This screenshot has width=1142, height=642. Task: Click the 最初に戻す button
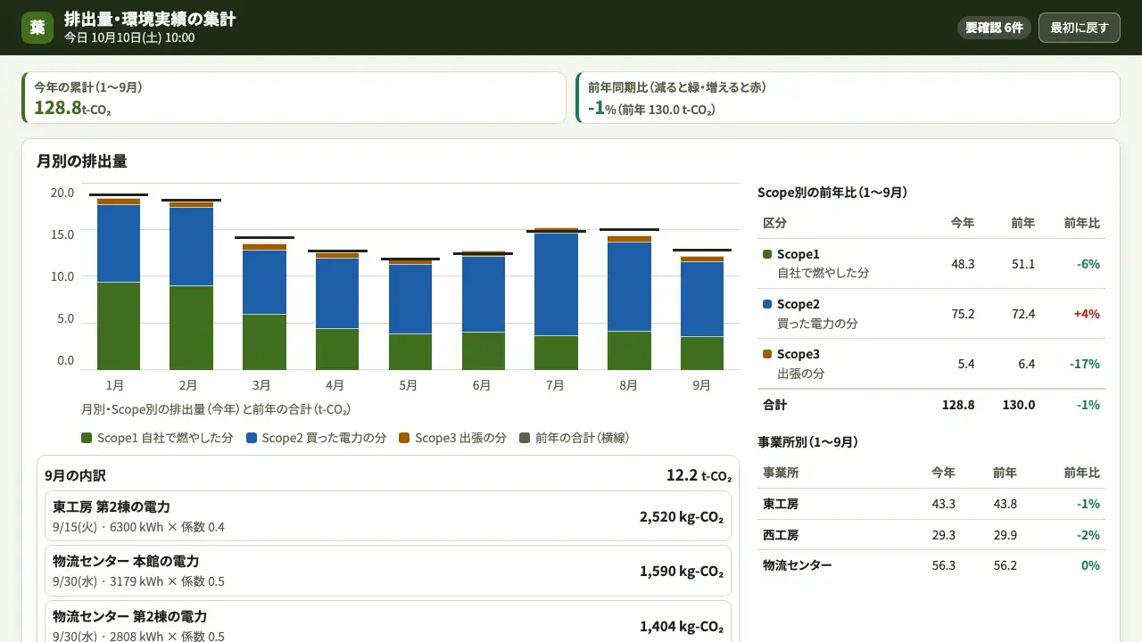pos(1079,28)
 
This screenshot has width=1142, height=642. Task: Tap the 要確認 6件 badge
pos(994,28)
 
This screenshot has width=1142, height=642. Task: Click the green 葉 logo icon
pos(37,28)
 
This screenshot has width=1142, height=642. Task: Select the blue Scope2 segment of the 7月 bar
pos(556,284)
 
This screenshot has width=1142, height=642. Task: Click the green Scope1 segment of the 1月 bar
pos(119,326)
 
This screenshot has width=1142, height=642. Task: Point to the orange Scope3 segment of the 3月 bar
pos(264,247)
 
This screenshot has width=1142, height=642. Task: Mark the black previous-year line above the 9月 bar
pos(702,251)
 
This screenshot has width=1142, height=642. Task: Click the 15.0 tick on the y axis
pos(62,235)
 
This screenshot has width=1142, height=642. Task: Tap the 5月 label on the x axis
pos(408,385)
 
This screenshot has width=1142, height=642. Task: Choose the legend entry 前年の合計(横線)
pos(574,438)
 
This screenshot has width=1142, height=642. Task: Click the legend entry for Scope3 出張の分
pos(452,438)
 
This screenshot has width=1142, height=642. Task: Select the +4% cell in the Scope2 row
pos(1087,314)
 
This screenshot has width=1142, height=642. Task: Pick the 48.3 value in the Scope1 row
pos(963,264)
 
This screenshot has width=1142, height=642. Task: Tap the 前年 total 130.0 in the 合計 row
pos(1019,405)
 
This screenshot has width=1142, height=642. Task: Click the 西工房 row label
pos(781,535)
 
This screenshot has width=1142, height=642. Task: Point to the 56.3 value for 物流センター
pos(943,565)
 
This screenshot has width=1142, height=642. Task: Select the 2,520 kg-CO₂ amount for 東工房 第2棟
pos(682,516)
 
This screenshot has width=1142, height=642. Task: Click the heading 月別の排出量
pos(81,161)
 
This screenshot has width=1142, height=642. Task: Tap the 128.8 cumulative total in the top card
pos(58,108)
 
